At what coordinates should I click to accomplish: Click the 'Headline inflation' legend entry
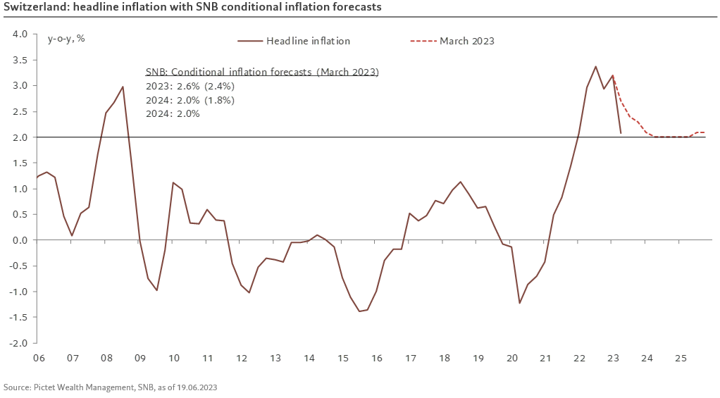[x=308, y=41]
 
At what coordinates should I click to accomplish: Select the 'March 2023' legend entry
[x=467, y=41]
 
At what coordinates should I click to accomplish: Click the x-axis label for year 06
[x=38, y=359]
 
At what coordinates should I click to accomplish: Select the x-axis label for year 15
[x=342, y=359]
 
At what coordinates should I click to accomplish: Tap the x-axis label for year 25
[x=680, y=359]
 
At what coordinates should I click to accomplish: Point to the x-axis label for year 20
[x=511, y=359]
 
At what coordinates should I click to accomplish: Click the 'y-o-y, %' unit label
[x=66, y=38]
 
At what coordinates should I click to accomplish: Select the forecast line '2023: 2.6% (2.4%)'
[x=190, y=86]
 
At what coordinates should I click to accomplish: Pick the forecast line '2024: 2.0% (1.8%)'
[x=190, y=99]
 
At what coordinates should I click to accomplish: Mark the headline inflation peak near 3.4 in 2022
[x=595, y=67]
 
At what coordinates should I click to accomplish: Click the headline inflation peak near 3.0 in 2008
[x=123, y=87]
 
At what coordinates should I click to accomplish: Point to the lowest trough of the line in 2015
[x=359, y=311]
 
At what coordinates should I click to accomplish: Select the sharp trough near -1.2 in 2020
[x=519, y=303]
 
